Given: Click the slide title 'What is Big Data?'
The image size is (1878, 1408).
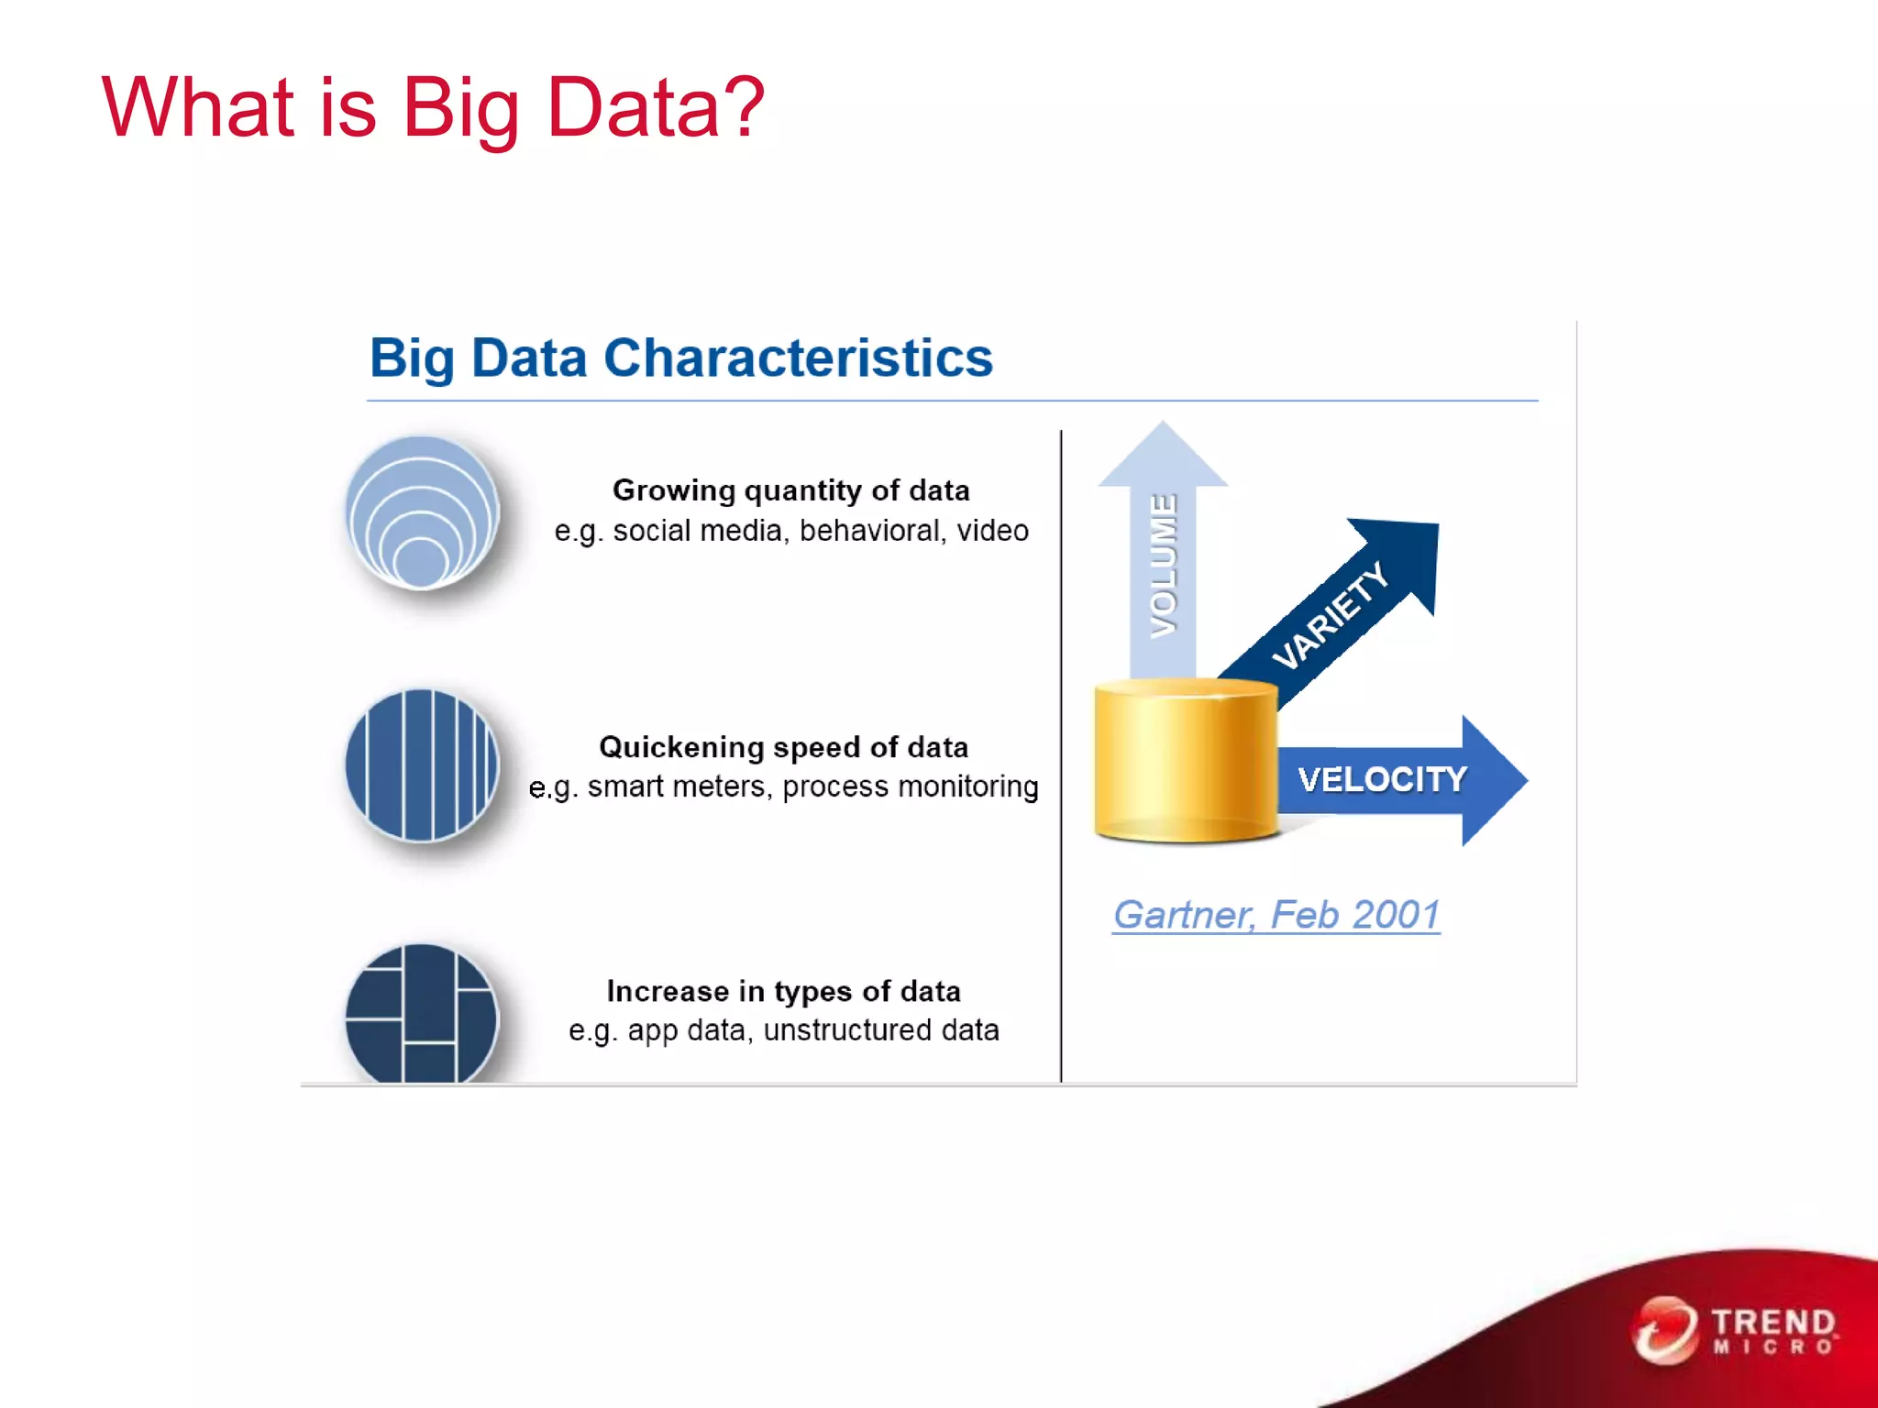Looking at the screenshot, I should coord(432,108).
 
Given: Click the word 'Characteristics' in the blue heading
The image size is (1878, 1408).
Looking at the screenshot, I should coord(798,357).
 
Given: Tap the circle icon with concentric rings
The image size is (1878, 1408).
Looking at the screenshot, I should coord(422,512).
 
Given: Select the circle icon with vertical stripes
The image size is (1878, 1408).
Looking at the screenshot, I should coord(422,765).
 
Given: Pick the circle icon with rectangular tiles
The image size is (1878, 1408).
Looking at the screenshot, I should coord(422,1014).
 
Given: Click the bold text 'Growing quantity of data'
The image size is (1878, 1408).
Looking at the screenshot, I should coord(790,490).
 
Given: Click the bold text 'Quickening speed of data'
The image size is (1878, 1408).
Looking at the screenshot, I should coord(783,747).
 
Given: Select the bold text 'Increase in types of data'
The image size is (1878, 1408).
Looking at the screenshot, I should coord(783,991).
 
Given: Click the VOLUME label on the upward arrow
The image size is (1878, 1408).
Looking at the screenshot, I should coord(1164,565).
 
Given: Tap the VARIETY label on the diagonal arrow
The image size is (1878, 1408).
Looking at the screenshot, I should coord(1330,615).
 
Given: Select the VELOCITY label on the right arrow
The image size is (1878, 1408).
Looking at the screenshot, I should coord(1382,780).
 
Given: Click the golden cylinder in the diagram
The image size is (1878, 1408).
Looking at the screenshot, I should coord(1186,761).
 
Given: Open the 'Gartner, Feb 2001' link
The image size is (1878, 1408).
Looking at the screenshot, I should coord(1276,915).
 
